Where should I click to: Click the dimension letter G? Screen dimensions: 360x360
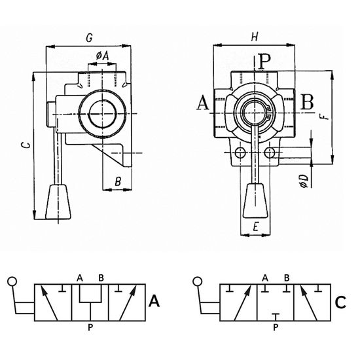(89, 38)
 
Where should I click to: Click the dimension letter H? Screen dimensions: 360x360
(255, 37)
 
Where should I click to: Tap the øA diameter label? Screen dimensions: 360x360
(102, 56)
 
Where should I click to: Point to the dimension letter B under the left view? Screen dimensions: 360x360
(118, 181)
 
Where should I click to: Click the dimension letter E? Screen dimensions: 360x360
(255, 227)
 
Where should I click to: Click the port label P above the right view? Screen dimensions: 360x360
(264, 61)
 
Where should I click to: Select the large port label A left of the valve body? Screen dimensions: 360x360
(203, 103)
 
